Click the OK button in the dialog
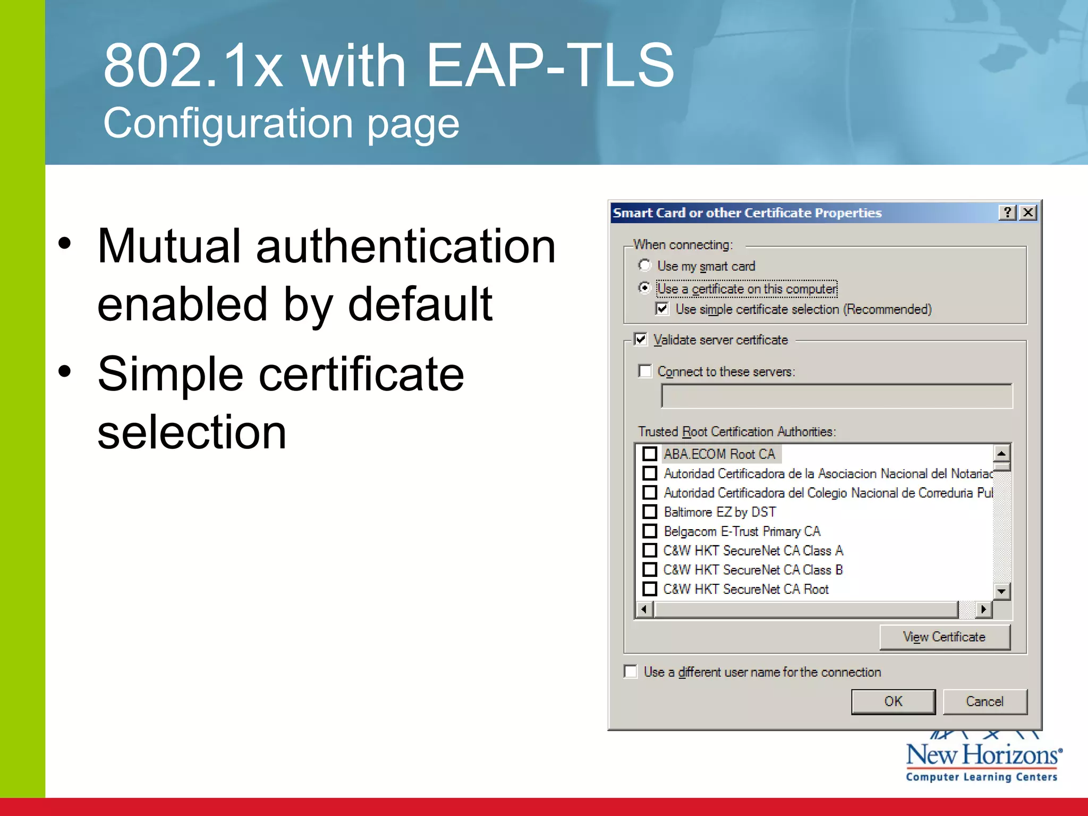coord(893,702)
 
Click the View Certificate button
coord(944,637)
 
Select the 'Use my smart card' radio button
coord(644,265)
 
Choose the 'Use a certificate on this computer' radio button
coord(644,288)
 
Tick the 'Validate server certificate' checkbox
coord(641,339)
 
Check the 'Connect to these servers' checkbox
coord(645,371)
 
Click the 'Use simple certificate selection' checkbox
coord(662,309)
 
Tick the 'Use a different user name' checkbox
coord(631,671)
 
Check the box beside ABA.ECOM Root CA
coord(650,454)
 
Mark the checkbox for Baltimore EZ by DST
coord(650,512)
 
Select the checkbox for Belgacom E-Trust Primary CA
coord(650,531)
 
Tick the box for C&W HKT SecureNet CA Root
coord(650,589)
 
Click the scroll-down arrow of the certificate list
coord(1001,591)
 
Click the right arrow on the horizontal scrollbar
coord(984,609)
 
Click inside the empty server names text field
coord(836,396)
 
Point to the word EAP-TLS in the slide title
coord(550,65)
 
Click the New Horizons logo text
coord(983,755)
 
